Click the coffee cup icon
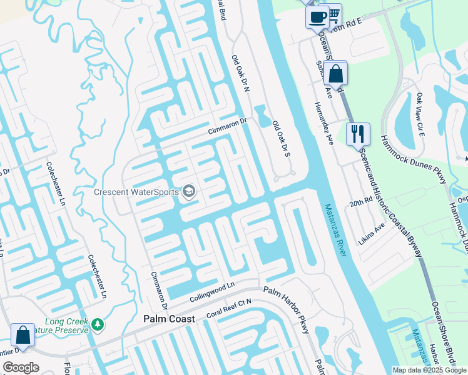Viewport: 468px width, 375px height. (x=317, y=16)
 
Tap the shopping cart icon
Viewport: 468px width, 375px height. (x=334, y=13)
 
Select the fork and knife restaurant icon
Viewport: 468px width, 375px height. (x=358, y=134)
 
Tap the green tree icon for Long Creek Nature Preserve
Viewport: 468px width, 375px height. (x=97, y=324)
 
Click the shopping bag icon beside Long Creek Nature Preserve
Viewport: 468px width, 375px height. (x=23, y=335)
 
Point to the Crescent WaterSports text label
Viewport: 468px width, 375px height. (x=136, y=192)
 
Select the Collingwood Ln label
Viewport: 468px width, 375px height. (x=211, y=292)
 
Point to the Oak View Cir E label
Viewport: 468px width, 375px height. (x=420, y=117)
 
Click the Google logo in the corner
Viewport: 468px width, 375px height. (x=21, y=367)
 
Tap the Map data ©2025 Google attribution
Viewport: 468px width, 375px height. (x=429, y=370)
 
